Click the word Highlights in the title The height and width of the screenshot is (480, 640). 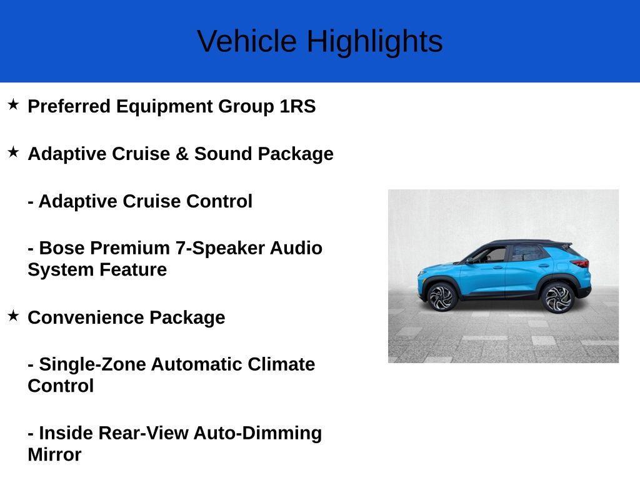[x=374, y=42]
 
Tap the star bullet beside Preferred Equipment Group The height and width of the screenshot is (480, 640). [x=13, y=104]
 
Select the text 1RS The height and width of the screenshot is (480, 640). [x=297, y=106]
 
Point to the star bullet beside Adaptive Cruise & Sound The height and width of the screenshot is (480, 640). [x=13, y=152]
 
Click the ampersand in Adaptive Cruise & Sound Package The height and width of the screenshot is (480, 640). [x=182, y=154]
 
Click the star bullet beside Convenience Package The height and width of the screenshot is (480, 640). [x=13, y=316]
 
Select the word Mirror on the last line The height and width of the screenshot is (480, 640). [x=54, y=455]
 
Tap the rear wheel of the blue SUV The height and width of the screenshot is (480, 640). [x=557, y=297]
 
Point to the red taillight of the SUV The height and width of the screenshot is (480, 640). [x=581, y=263]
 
